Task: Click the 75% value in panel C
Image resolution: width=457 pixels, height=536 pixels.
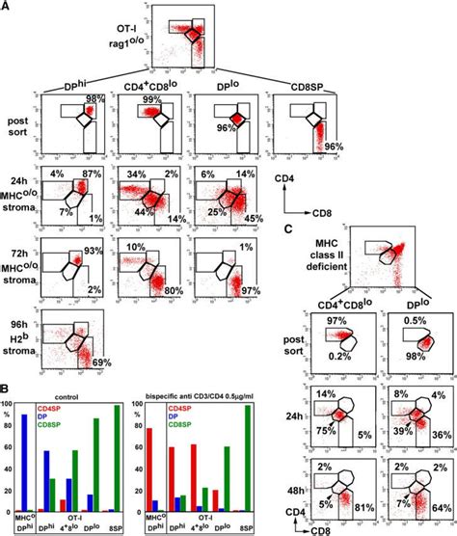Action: click(334, 432)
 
